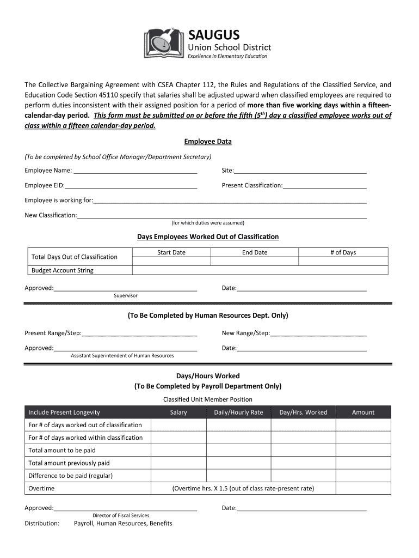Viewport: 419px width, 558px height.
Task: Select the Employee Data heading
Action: [208, 142]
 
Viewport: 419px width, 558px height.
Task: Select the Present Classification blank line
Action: [325, 186]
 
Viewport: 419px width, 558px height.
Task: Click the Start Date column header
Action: [171, 252]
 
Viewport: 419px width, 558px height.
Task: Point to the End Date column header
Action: [255, 252]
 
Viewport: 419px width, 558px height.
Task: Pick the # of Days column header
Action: [343, 252]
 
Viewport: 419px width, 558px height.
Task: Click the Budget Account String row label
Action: [63, 270]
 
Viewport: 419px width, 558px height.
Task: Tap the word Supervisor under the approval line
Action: [126, 295]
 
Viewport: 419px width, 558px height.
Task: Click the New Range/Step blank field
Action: [318, 333]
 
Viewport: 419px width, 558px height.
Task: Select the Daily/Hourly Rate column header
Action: [238, 413]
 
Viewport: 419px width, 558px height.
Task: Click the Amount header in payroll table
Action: [363, 413]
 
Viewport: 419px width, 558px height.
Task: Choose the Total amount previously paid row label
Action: [69, 463]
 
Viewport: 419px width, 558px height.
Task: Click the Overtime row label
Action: [41, 488]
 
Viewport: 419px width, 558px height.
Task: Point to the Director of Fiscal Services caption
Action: [121, 515]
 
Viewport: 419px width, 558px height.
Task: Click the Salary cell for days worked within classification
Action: [178, 438]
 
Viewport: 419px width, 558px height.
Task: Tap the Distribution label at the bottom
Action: [42, 524]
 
